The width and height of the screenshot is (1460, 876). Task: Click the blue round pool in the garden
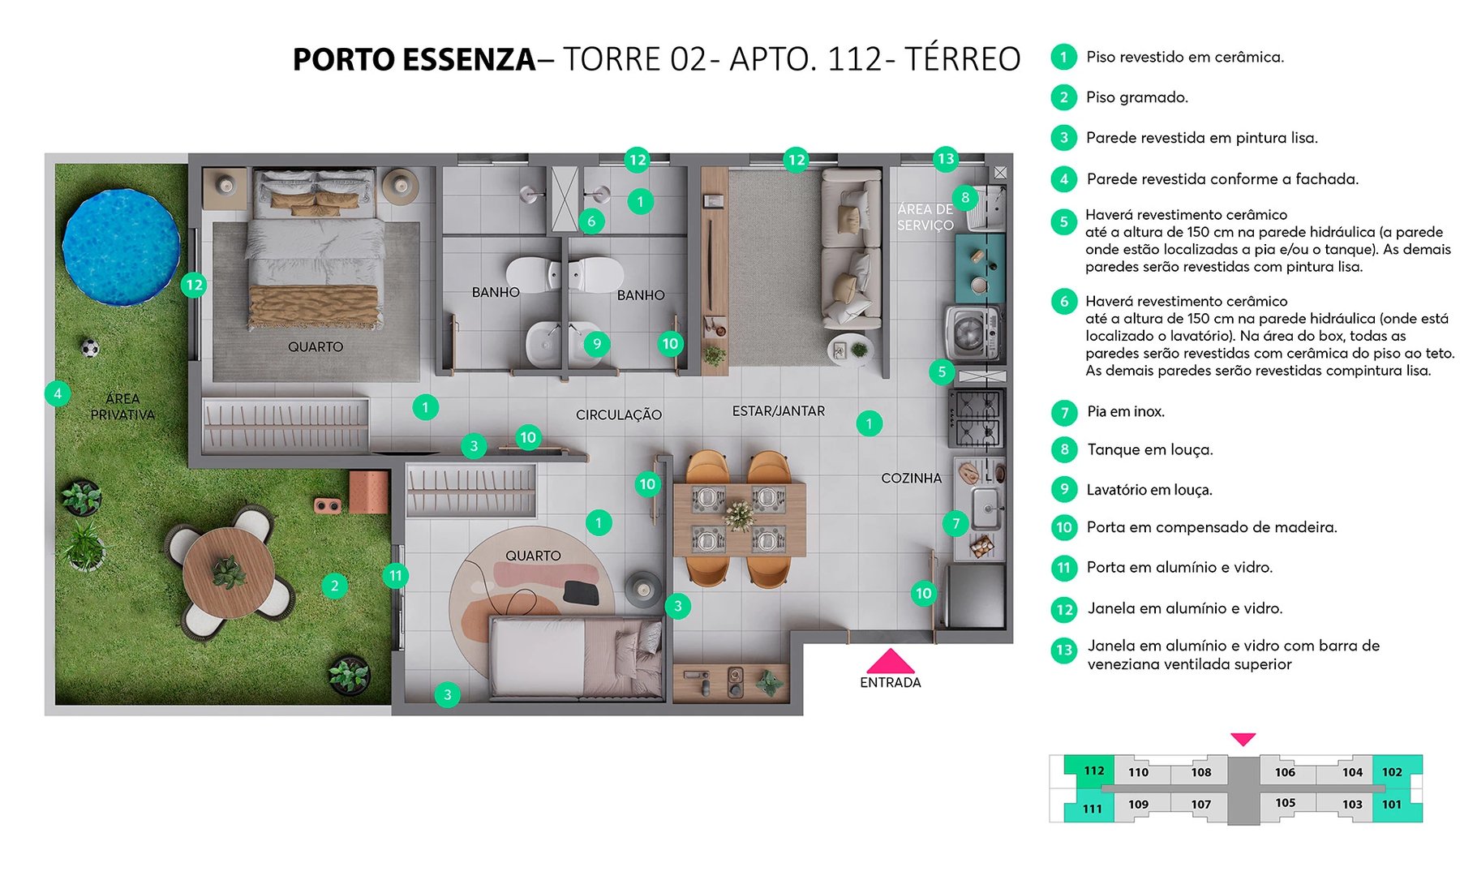[x=122, y=247]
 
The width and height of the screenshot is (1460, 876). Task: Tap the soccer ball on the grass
[x=90, y=349]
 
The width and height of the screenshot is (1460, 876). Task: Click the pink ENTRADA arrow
[x=890, y=662]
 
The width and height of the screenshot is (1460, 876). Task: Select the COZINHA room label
[x=911, y=479]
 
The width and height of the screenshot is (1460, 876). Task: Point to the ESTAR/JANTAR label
[x=778, y=411]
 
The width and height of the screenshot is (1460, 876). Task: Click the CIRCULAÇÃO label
[x=618, y=414]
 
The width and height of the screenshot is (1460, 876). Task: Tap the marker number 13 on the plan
[x=945, y=159]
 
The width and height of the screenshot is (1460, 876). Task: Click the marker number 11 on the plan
[x=395, y=576]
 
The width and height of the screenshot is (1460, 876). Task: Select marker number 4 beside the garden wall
[x=57, y=394]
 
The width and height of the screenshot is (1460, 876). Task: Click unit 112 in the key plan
[x=1093, y=771]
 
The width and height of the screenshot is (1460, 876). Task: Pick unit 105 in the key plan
[x=1285, y=803]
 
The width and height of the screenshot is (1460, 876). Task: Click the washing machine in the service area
[x=970, y=333]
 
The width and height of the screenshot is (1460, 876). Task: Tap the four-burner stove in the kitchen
[x=977, y=418]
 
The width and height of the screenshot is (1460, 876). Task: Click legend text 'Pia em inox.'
[x=1125, y=412]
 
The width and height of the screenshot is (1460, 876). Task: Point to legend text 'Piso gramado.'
[x=1136, y=97]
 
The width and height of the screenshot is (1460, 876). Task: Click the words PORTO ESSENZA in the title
[x=414, y=60]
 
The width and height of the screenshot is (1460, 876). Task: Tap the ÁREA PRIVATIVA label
[x=122, y=406]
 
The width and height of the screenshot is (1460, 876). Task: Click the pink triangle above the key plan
[x=1243, y=739]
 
